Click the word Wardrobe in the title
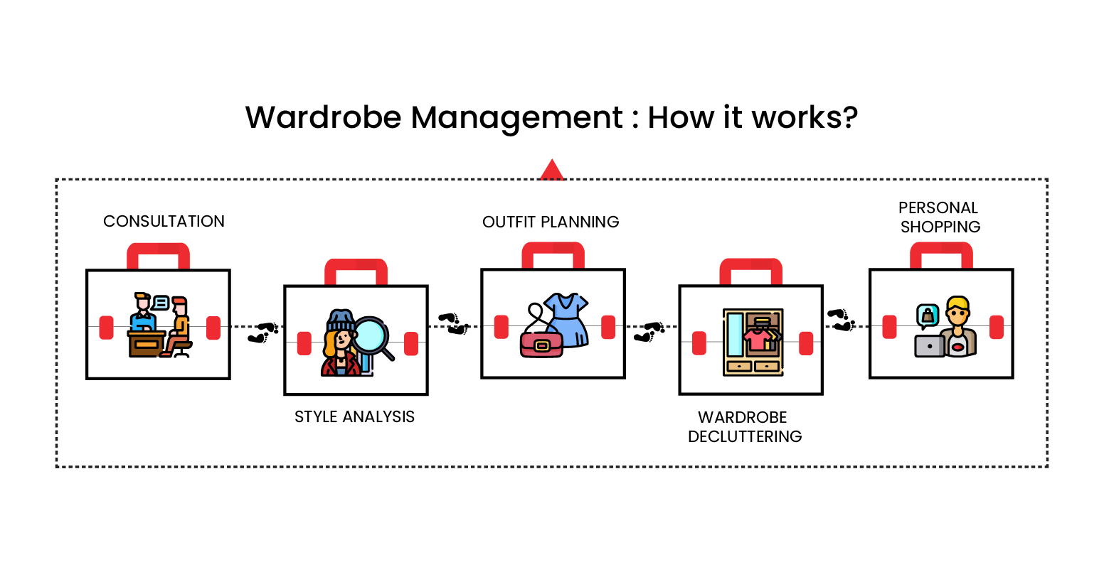[x=324, y=117]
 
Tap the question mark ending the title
[x=849, y=117]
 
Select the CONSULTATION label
[x=164, y=222]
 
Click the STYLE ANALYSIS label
[x=354, y=417]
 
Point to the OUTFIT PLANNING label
[x=551, y=222]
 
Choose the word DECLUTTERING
[x=745, y=436]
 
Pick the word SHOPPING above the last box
[x=940, y=227]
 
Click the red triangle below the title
[x=552, y=171]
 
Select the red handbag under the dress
[x=541, y=345]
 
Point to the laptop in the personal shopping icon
[x=930, y=346]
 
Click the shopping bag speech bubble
[x=928, y=315]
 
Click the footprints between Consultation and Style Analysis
[x=262, y=332]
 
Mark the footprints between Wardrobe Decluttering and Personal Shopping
[x=841, y=319]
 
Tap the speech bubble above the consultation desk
[x=161, y=303]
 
